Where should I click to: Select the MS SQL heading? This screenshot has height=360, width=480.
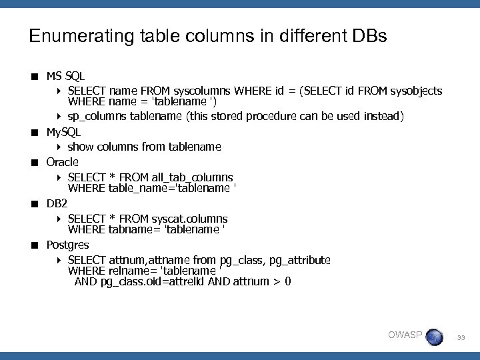click(x=65, y=77)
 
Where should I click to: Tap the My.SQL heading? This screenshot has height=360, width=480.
click(x=63, y=132)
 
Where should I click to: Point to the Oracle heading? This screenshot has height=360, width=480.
click(x=62, y=162)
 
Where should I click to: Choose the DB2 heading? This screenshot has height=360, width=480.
click(x=56, y=203)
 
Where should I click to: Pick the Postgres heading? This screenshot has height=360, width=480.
click(x=67, y=245)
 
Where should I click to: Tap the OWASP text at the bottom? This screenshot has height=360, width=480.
click(x=405, y=335)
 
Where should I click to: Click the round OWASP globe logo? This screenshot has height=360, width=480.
click(x=434, y=337)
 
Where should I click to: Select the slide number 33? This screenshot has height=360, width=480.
click(x=461, y=339)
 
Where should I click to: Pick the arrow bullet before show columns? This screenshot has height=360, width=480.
click(x=59, y=147)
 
